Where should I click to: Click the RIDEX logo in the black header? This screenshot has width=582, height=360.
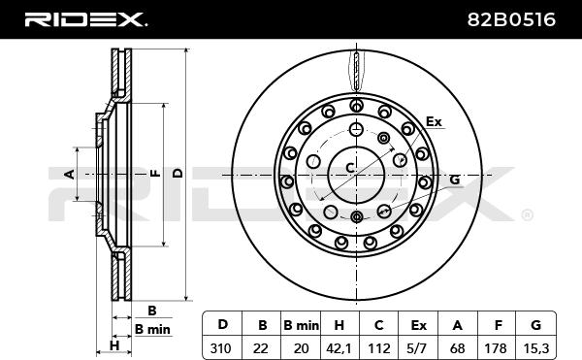click(x=85, y=19)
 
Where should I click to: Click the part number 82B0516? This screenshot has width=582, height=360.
click(x=511, y=19)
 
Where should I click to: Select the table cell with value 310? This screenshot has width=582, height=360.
click(x=222, y=348)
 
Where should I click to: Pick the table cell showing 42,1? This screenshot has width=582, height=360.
click(x=339, y=348)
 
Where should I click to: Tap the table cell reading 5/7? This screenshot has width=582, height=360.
click(x=418, y=348)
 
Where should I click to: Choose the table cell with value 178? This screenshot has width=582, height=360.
click(x=496, y=348)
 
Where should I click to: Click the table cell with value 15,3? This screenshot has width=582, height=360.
click(x=535, y=348)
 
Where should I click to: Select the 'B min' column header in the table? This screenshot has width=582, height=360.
click(x=301, y=325)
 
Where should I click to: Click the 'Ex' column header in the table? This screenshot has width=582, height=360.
click(x=418, y=325)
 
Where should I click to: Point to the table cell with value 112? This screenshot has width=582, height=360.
click(x=379, y=348)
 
